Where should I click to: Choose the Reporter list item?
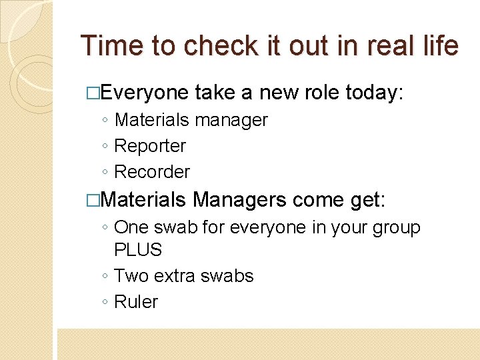tap(150, 146)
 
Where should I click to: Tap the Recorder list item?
tap(152, 171)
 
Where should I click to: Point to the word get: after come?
tap(372, 199)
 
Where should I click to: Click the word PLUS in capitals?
tap(138, 250)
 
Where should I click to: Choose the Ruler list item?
tap(136, 302)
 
